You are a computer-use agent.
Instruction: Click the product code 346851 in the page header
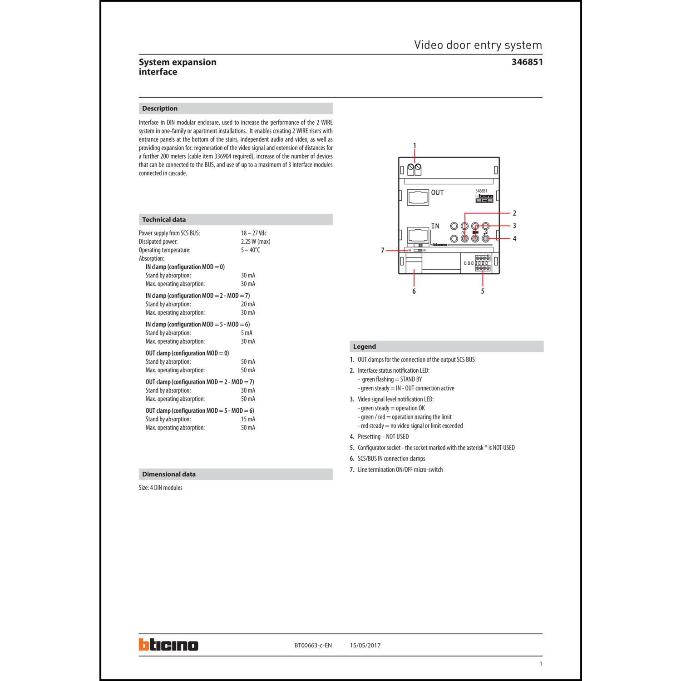527,62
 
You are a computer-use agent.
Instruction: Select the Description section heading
160,109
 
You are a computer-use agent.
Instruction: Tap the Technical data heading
164,220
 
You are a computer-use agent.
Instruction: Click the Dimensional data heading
169,474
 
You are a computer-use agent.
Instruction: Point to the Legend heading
365,346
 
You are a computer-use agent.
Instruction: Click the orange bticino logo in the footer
168,645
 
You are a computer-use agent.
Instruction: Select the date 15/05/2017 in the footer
365,645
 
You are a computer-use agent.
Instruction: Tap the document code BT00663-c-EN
313,645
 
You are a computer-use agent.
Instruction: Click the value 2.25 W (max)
256,242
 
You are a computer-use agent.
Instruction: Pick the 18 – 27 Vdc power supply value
254,233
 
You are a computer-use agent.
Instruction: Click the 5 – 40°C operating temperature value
250,250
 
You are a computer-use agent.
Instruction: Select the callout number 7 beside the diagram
383,250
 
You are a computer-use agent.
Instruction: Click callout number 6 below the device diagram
414,291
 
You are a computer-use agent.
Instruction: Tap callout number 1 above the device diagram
414,146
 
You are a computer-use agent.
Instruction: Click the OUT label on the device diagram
437,192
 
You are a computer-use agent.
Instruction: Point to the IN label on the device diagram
435,226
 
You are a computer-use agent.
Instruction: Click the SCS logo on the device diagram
484,200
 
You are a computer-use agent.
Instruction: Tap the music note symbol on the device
485,232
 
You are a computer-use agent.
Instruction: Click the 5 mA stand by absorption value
247,333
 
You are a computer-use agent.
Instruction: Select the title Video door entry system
478,45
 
